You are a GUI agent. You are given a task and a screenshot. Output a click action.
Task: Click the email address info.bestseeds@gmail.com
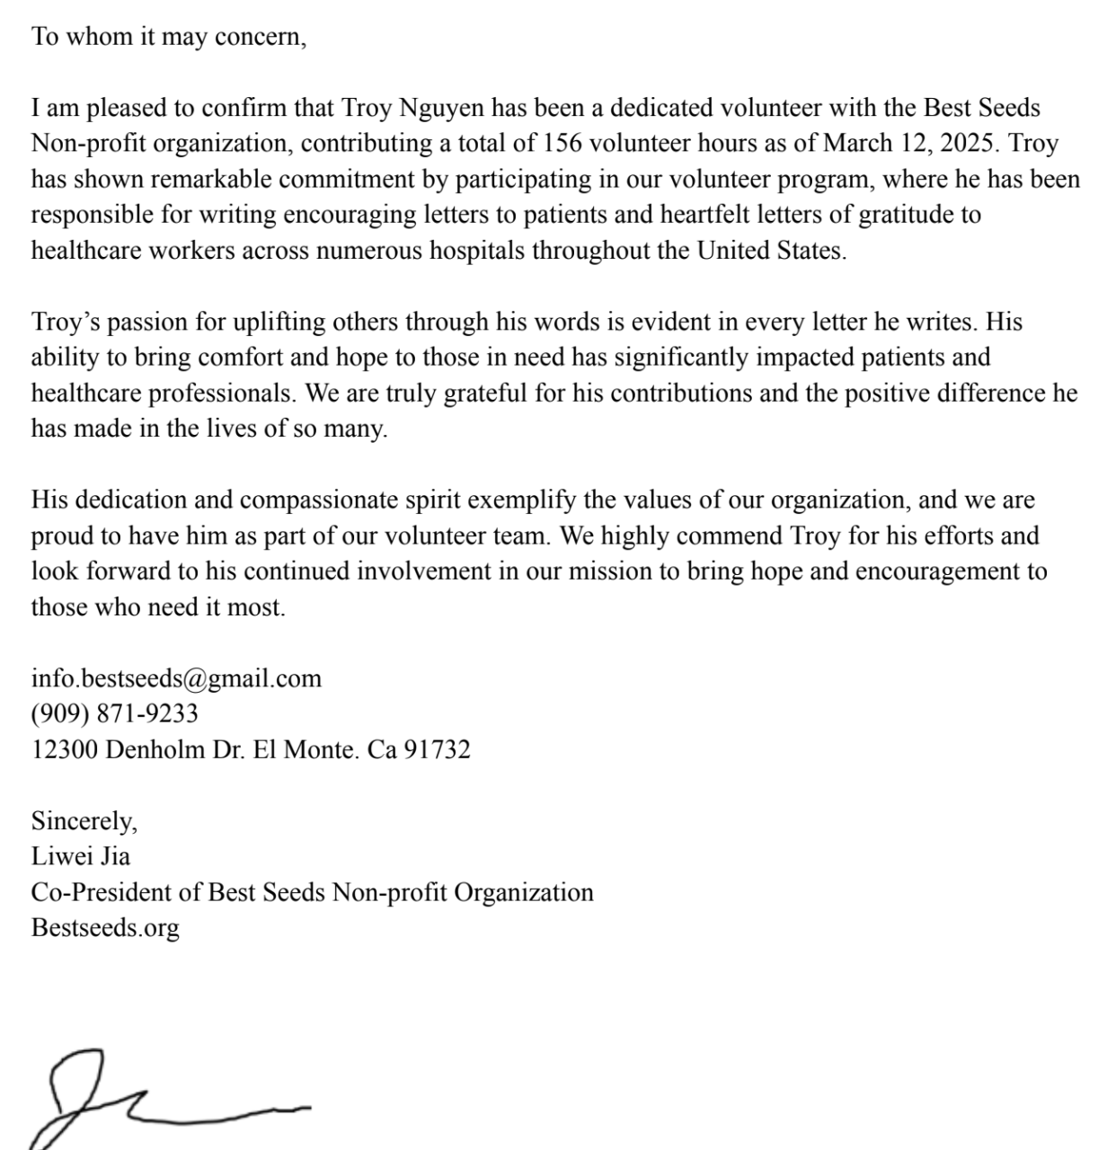[x=176, y=678]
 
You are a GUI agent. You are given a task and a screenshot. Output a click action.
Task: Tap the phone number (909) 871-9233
[x=115, y=714]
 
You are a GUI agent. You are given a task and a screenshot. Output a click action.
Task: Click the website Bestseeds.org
[x=105, y=928]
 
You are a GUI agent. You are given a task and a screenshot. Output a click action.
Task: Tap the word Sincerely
[x=84, y=821]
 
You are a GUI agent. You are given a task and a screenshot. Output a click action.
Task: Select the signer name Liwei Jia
[x=81, y=856]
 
